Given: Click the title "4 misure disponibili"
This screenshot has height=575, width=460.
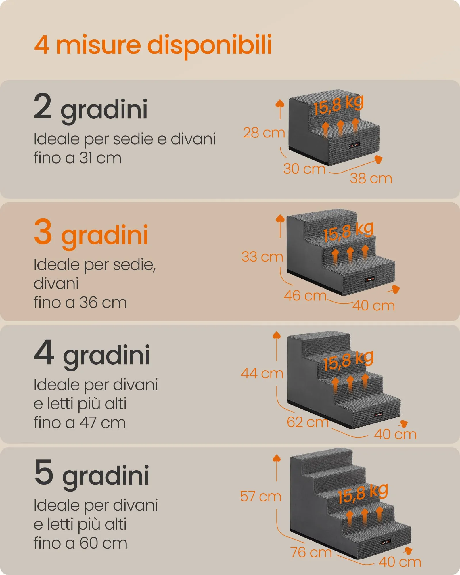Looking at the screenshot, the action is tap(153, 45).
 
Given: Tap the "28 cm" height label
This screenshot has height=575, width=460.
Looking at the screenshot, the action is tap(264, 133).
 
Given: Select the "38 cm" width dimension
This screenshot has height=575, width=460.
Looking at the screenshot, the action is tap(371, 178).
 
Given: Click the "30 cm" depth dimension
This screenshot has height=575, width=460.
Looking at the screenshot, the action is tap(304, 169).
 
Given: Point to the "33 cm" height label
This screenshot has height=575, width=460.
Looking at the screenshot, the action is tap(262, 257).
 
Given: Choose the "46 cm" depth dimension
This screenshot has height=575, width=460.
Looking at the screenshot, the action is tap(305, 296).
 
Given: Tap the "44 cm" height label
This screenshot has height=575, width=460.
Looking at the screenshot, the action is tap(262, 373).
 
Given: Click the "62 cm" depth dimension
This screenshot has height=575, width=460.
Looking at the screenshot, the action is tap(308, 422).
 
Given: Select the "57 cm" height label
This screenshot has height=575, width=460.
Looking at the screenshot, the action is tap(260, 497).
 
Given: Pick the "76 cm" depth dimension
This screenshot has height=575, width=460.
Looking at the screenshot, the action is tap(311, 552).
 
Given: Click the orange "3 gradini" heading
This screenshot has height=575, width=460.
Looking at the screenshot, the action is tap(91, 233).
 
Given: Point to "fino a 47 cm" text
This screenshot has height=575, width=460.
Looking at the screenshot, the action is tap(80, 423).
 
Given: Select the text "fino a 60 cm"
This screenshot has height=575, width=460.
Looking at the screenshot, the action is tap(80, 543).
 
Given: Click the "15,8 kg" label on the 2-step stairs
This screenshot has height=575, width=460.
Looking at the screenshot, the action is tap(339, 105).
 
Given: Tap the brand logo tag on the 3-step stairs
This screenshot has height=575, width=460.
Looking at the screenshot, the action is tap(370, 279).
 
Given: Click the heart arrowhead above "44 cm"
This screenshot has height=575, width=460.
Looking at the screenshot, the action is tap(277, 335).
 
